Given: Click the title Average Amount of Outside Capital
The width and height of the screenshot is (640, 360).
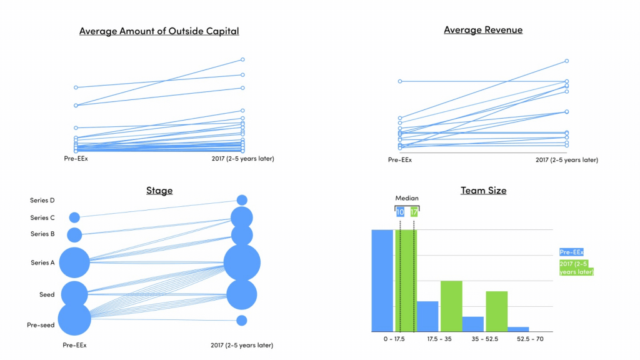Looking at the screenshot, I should pyautogui.click(x=159, y=31).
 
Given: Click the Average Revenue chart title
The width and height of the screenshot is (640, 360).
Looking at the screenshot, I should pyautogui.click(x=483, y=30).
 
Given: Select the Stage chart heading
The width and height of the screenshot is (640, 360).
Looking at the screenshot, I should pyautogui.click(x=159, y=191).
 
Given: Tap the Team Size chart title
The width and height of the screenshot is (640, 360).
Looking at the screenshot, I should pyautogui.click(x=483, y=191).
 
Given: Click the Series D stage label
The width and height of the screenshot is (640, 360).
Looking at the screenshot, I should pyautogui.click(x=42, y=201).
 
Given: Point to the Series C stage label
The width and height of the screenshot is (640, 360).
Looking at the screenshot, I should pyautogui.click(x=42, y=218).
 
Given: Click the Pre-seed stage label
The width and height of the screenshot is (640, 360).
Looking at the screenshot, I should pyautogui.click(x=41, y=325).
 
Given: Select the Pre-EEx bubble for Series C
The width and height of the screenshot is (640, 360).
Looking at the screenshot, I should pyautogui.click(x=74, y=217).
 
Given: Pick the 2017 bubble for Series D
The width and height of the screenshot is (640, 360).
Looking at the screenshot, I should pyautogui.click(x=242, y=200).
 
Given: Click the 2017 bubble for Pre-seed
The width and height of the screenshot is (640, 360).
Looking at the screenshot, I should pyautogui.click(x=242, y=321).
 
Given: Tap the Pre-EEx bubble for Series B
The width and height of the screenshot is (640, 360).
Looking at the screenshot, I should pyautogui.click(x=74, y=235).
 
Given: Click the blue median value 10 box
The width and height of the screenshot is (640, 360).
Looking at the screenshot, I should pyautogui.click(x=400, y=212).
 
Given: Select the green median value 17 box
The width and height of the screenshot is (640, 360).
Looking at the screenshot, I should pyautogui.click(x=414, y=212).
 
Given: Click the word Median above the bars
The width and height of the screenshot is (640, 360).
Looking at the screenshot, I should pyautogui.click(x=407, y=198).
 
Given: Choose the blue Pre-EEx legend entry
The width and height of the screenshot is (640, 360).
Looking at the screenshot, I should pyautogui.click(x=572, y=252).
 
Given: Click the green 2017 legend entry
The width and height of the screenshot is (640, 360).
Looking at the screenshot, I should pyautogui.click(x=576, y=267).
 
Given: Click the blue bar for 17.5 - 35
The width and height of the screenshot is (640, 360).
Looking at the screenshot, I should pyautogui.click(x=427, y=316).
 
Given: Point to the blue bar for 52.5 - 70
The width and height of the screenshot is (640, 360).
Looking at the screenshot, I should pyautogui.click(x=518, y=329).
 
